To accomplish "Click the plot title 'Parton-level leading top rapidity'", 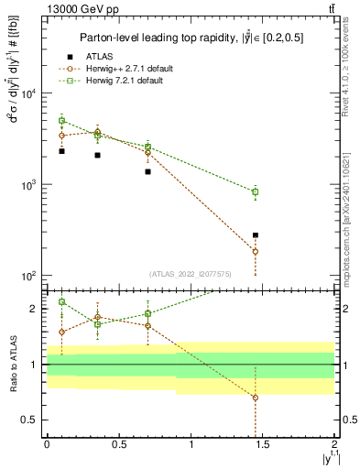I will pyautogui.click(x=191, y=37).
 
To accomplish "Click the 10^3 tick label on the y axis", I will pyautogui.click(x=29, y=185).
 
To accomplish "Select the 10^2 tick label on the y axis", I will pyautogui.click(x=29, y=276).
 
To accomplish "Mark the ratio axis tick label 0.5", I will pyautogui.click(x=30, y=420).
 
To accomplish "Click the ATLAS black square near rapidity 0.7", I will pyautogui.click(x=147, y=171).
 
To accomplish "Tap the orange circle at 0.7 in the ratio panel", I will pyautogui.click(x=147, y=326).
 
